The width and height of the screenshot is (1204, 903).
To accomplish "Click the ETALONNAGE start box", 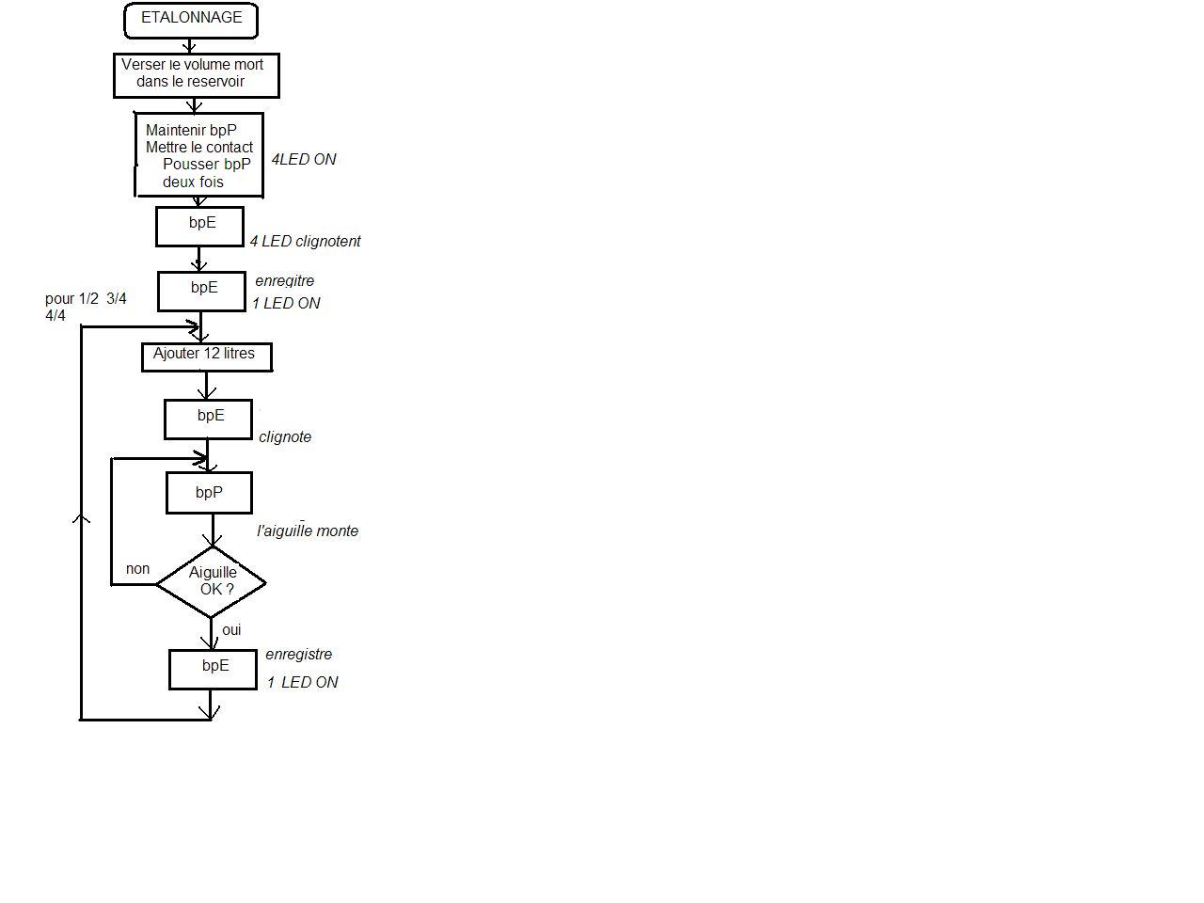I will (191, 21).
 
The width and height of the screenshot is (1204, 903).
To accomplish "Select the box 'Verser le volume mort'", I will (196, 75).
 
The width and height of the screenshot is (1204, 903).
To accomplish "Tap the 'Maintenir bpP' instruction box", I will (198, 155).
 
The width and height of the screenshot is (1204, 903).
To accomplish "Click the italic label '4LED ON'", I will (303, 160).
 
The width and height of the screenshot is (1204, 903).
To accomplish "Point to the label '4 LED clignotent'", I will (305, 242).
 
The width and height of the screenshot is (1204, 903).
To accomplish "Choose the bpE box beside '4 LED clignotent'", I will (199, 227).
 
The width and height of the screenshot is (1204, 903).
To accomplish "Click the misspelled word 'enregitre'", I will (284, 281).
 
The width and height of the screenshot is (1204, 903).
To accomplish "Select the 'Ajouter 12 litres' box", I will (206, 356).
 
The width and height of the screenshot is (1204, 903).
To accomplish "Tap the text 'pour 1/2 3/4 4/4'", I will (85, 307).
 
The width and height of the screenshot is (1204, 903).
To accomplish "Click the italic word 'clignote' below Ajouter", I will (285, 437).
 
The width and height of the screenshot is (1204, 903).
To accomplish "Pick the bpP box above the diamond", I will (209, 493).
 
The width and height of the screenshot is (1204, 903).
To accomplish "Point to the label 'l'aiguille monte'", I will (308, 531).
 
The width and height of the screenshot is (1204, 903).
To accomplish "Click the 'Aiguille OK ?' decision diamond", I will (212, 582).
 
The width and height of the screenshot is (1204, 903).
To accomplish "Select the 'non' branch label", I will (137, 569).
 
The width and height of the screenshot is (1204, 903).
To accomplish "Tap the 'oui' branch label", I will (231, 630).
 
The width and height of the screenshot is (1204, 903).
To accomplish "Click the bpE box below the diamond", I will (214, 669).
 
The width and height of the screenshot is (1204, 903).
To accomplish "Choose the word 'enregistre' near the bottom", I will (298, 655).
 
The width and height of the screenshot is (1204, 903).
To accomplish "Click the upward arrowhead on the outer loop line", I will (82, 517).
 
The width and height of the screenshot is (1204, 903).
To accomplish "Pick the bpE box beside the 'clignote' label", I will (208, 419).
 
